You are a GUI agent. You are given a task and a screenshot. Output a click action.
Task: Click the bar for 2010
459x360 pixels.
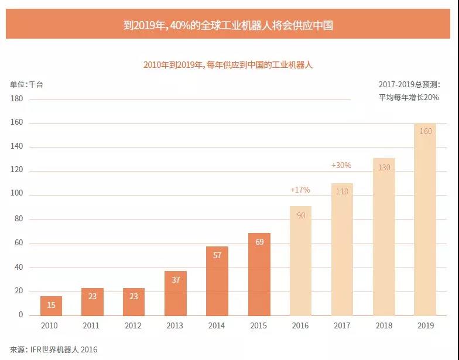click(51, 306)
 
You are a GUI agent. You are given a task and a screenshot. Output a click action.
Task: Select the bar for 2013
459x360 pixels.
click(176, 293)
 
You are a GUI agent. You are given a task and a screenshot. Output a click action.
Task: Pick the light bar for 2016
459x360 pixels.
click(300, 260)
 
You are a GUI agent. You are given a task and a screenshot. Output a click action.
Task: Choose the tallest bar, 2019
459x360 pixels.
click(425, 220)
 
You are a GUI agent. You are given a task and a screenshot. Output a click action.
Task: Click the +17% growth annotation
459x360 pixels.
click(300, 190)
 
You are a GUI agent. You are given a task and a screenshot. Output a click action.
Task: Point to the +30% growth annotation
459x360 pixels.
click(341, 166)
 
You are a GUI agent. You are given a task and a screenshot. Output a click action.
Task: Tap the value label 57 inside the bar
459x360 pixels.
click(217, 255)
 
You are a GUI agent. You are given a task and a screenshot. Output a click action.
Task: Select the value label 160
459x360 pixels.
click(426, 131)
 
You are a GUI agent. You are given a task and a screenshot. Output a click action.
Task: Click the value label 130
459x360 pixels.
click(383, 167)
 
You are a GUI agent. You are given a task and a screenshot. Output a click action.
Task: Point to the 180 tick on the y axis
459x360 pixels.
click(16, 99)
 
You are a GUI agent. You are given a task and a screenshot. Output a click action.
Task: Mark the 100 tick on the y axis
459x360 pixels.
click(16, 195)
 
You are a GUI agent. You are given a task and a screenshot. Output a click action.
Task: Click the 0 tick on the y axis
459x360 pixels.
click(20, 315)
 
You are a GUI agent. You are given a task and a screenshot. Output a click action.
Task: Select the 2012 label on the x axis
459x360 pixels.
click(134, 326)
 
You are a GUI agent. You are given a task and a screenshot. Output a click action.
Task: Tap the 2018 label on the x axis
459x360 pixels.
click(383, 326)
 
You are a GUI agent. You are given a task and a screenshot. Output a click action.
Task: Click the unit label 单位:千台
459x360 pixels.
click(26, 84)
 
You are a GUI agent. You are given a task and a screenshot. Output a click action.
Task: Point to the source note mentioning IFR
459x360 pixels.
click(53, 349)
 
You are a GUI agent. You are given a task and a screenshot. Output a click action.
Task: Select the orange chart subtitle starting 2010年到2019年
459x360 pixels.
click(228, 65)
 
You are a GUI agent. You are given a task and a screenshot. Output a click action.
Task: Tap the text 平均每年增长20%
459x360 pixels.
click(409, 97)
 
